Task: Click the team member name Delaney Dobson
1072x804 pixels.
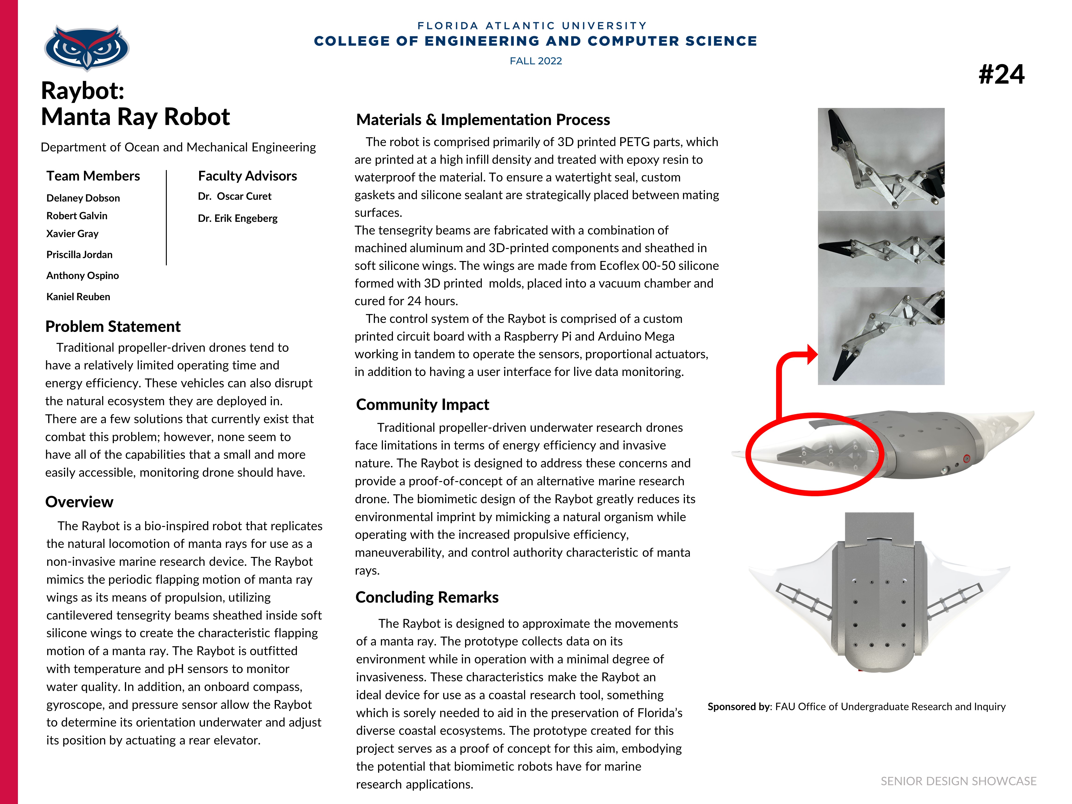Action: [x=83, y=198]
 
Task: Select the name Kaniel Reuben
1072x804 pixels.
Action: [x=78, y=297]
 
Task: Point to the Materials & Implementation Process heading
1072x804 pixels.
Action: [x=483, y=120]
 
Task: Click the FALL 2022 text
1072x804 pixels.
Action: [x=536, y=61]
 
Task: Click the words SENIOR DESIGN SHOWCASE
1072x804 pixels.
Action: [x=958, y=781]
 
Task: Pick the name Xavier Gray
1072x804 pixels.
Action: [x=72, y=234]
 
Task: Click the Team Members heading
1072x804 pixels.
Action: [x=93, y=176]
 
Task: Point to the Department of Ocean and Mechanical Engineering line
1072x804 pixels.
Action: [x=178, y=147]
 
